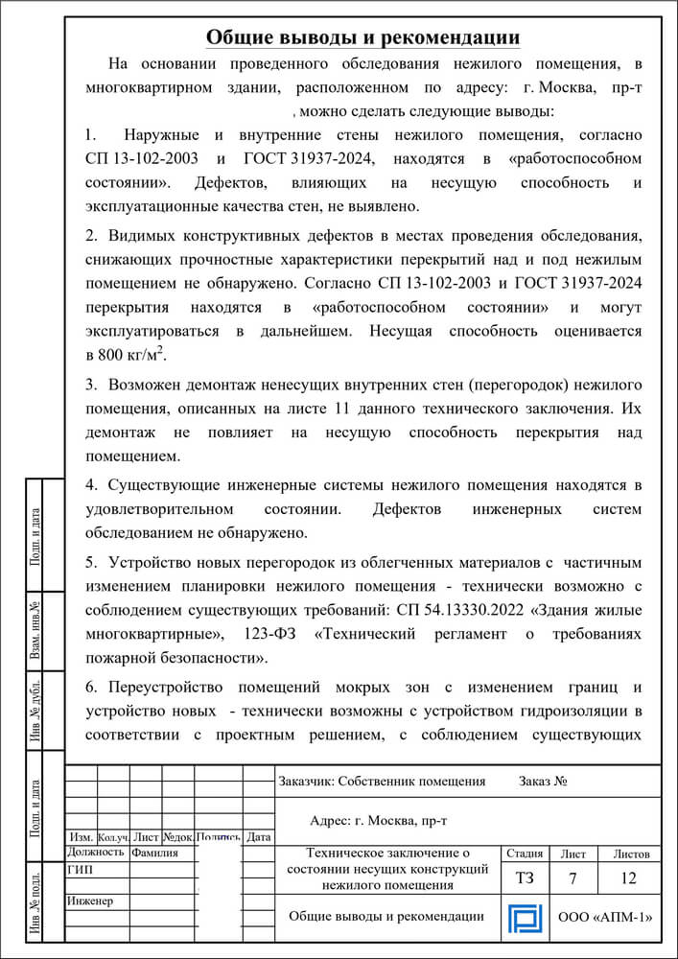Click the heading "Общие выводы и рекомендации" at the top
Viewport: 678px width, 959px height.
[363, 37]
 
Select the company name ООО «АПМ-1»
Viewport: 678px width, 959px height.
[605, 918]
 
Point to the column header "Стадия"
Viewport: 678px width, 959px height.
[524, 853]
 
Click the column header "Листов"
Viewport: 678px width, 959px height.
[629, 853]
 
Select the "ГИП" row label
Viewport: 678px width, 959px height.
[81, 870]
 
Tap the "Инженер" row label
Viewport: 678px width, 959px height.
[90, 901]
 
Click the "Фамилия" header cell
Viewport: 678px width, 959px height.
[154, 852]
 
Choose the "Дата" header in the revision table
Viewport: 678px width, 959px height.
[259, 836]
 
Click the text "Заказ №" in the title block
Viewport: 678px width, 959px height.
[544, 781]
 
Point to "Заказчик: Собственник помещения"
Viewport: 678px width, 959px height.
[382, 781]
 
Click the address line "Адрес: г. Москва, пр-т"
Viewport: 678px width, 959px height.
[380, 821]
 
